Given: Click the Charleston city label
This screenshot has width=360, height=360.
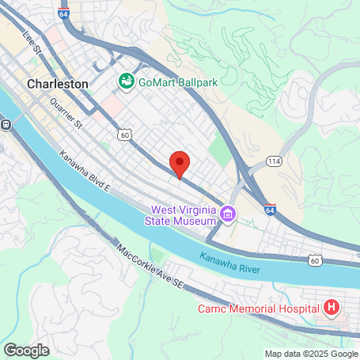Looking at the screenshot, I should [57, 82].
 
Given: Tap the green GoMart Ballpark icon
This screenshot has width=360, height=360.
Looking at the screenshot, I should [125, 80].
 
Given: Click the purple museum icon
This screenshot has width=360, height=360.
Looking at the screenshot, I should [228, 213].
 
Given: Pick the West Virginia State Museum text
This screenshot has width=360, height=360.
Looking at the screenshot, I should [184, 216].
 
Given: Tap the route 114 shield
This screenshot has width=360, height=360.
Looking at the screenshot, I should [274, 161].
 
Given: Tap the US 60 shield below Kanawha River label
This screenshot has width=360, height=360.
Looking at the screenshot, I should [315, 260].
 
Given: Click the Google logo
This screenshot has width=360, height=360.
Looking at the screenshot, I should [26, 350].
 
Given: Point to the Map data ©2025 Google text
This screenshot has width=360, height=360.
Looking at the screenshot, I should [311, 354].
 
